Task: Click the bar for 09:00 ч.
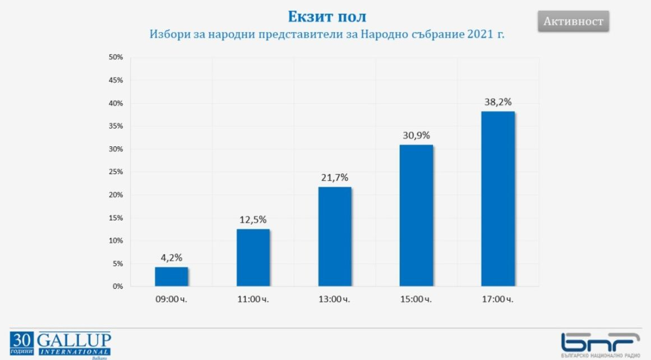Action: pos(171,276)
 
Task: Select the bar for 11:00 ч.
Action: pos(253,257)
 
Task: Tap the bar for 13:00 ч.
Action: pos(335,237)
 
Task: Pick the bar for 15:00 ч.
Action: pos(416,215)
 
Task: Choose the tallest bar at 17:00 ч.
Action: pos(498,199)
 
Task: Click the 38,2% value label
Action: pos(498,102)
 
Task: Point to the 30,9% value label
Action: pos(416,135)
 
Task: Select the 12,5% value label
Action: pos(253,219)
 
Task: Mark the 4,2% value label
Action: pos(171,257)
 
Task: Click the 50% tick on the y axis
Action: pos(116,58)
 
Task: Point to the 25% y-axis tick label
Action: pos(116,172)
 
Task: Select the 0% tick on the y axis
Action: pos(118,287)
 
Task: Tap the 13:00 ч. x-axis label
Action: pos(335,299)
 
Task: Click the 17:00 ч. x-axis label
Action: pos(498,299)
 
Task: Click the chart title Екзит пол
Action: pos(327,16)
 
